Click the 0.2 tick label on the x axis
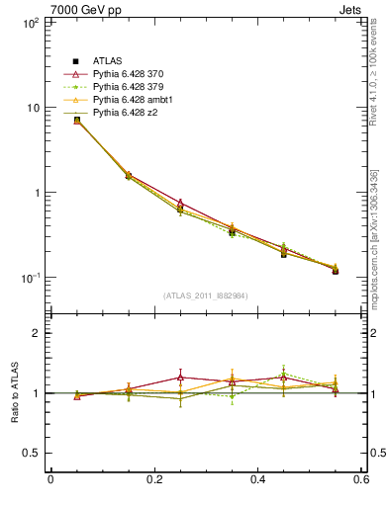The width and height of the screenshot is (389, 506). click(153, 480)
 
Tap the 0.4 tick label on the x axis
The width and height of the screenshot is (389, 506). click(257, 480)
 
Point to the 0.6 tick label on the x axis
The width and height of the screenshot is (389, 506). click(361, 480)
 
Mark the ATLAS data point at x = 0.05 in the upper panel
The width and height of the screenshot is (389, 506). click(77, 121)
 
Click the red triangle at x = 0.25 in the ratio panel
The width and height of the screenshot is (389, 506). click(181, 377)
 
